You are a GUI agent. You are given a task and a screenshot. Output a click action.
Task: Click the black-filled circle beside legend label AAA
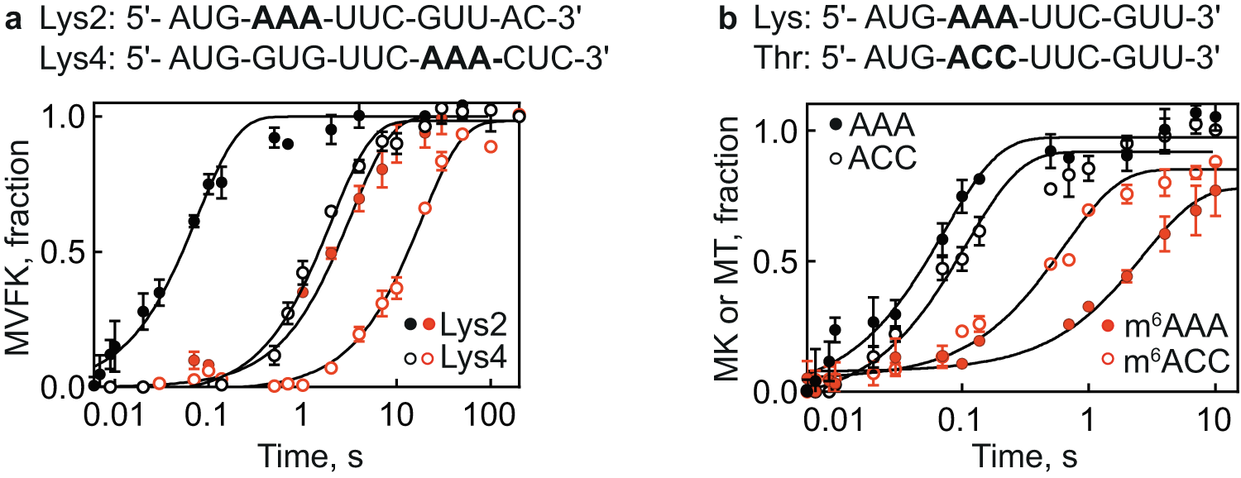tap(836, 125)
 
